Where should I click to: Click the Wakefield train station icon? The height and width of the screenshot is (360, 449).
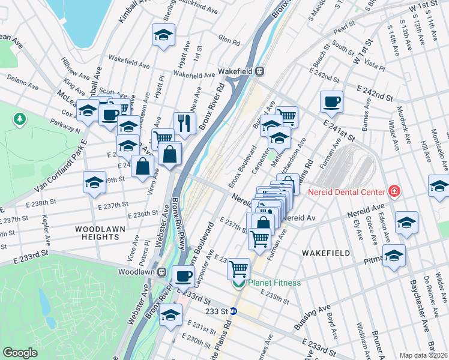260,71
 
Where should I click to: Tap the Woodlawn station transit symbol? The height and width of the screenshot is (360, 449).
161,272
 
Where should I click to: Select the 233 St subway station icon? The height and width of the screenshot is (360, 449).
234,311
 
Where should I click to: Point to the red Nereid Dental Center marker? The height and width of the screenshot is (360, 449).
394,191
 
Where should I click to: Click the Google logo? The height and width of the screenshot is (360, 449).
20,353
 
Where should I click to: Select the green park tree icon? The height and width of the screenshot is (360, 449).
20,119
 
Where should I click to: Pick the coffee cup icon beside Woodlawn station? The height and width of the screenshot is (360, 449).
183,276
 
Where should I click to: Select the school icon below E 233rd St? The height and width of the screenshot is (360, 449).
170,315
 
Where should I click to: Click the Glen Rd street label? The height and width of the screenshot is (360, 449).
229,42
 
